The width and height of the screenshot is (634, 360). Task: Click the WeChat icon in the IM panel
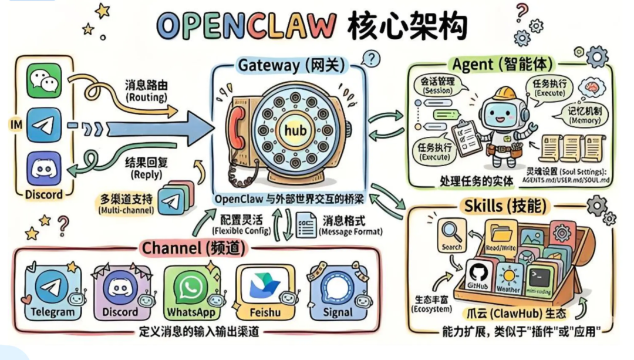pyautogui.click(x=43, y=80)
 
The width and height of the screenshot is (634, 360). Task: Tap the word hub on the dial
pyautogui.click(x=295, y=130)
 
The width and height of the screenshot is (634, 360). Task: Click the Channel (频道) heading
pyautogui.click(x=192, y=248)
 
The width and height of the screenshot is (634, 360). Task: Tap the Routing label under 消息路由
pyautogui.click(x=146, y=96)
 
